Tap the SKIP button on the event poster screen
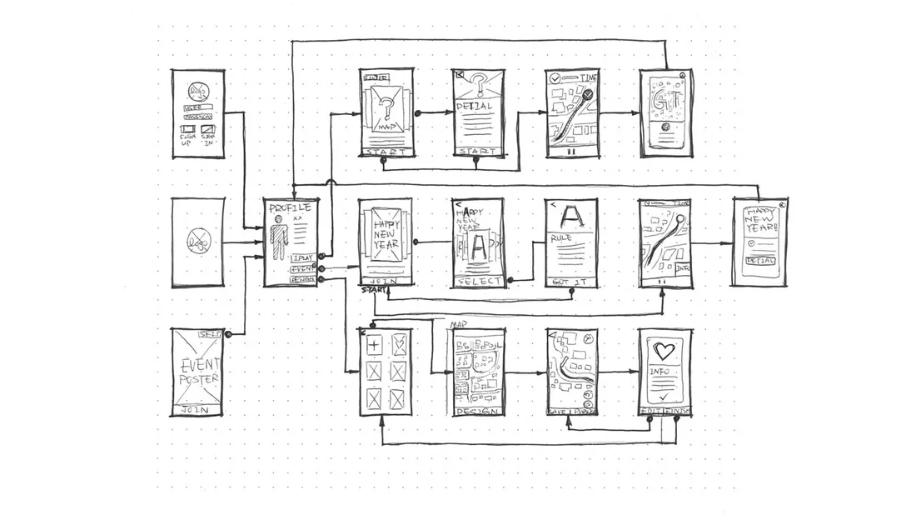coord(211,334)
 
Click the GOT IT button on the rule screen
coord(571,282)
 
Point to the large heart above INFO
coord(665,351)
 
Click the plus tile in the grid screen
coord(374,344)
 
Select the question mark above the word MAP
coord(386,107)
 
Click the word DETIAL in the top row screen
coord(474,107)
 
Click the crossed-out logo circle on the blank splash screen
coord(198,242)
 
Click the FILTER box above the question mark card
coord(376,78)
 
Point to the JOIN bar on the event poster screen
coord(197,410)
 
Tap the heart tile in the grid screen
coord(399,344)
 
